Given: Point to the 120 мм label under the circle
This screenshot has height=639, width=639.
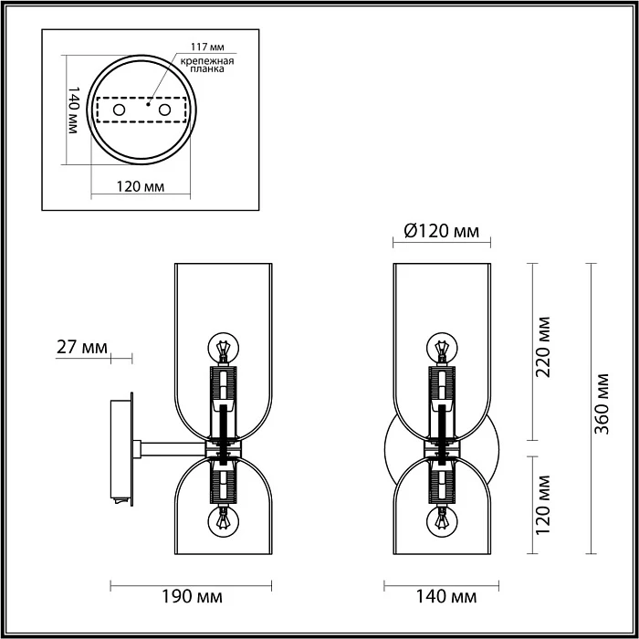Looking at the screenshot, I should click(x=141, y=187).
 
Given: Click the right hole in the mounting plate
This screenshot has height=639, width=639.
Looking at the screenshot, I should click(x=165, y=110).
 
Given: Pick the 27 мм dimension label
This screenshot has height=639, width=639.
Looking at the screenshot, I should click(x=81, y=347).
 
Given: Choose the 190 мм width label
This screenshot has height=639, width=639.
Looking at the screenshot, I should click(x=196, y=597).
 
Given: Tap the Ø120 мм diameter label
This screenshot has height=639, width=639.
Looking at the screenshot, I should click(x=442, y=232).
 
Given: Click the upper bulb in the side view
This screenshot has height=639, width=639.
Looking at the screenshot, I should click(x=222, y=349).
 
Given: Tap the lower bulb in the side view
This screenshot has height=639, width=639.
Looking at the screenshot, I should click(x=222, y=521).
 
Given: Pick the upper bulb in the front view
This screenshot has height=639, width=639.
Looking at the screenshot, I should click(x=442, y=349).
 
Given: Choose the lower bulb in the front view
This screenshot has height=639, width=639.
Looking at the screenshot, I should click(x=442, y=521).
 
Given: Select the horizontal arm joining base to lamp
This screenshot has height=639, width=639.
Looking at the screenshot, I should click(x=171, y=447).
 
